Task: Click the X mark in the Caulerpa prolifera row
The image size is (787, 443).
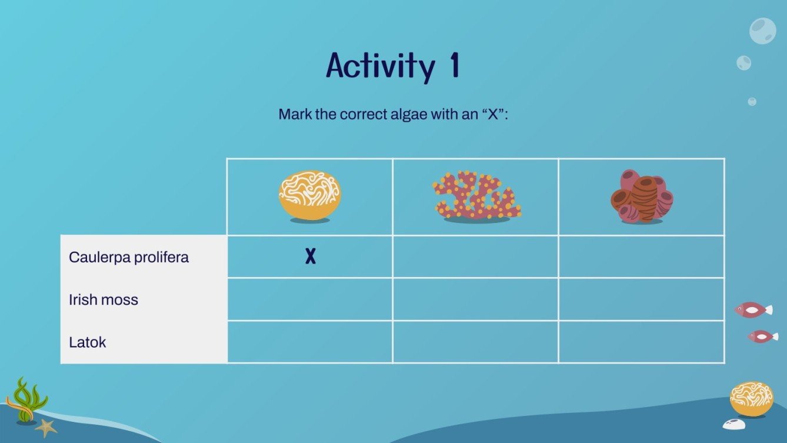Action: click(x=311, y=256)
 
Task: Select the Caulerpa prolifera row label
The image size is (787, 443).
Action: click(x=129, y=257)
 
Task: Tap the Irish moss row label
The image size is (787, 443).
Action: click(x=104, y=299)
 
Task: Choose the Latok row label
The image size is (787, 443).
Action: click(x=88, y=342)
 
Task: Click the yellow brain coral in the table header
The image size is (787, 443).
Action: click(x=309, y=196)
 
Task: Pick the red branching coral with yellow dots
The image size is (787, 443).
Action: click(x=476, y=196)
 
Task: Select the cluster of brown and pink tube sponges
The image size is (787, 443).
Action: click(x=641, y=196)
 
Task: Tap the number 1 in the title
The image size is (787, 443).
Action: click(x=454, y=66)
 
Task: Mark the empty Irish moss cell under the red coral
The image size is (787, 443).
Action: click(x=475, y=299)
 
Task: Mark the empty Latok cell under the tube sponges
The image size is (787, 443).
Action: click(x=641, y=342)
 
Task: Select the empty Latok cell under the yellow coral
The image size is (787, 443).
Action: click(x=309, y=342)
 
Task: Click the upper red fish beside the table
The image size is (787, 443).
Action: click(x=753, y=309)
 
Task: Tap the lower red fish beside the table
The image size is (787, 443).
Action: click(x=762, y=337)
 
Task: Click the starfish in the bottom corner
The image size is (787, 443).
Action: click(x=46, y=428)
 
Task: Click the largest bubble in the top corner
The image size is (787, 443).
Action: click(x=762, y=31)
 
